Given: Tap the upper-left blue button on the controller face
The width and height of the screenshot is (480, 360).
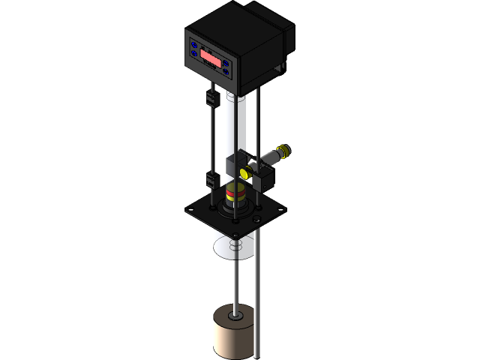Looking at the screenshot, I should pyautogui.click(x=194, y=45).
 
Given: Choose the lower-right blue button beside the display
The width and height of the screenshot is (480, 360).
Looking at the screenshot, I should pyautogui.click(x=226, y=73).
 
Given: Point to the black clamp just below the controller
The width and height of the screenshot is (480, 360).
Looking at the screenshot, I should pyautogui.click(x=211, y=97).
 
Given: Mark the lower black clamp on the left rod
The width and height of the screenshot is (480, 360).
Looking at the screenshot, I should pyautogui.click(x=211, y=179).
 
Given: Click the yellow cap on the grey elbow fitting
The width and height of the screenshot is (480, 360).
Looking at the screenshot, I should pyautogui.click(x=284, y=152).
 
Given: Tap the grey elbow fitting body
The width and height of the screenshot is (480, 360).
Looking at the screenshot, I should pyautogui.click(x=268, y=158).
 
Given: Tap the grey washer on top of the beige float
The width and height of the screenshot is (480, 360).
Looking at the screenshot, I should pyautogui.click(x=235, y=316).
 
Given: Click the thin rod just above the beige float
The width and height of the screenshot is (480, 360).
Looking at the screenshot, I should pyautogui.click(x=235, y=289).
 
